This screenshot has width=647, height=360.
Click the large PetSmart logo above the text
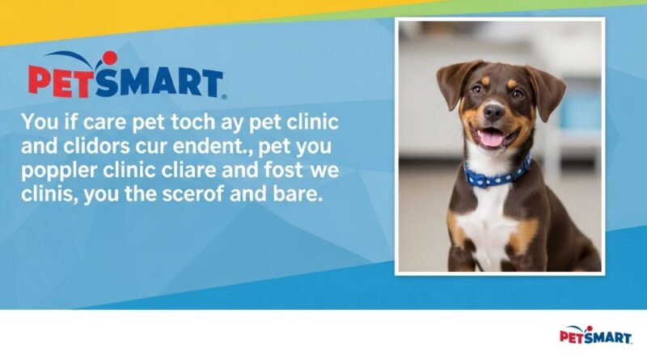[125, 78]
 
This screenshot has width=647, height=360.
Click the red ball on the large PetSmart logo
[109, 58]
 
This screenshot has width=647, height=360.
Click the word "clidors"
[105, 148]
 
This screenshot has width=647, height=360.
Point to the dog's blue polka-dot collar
[497, 173]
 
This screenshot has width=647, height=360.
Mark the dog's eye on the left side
[476, 90]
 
